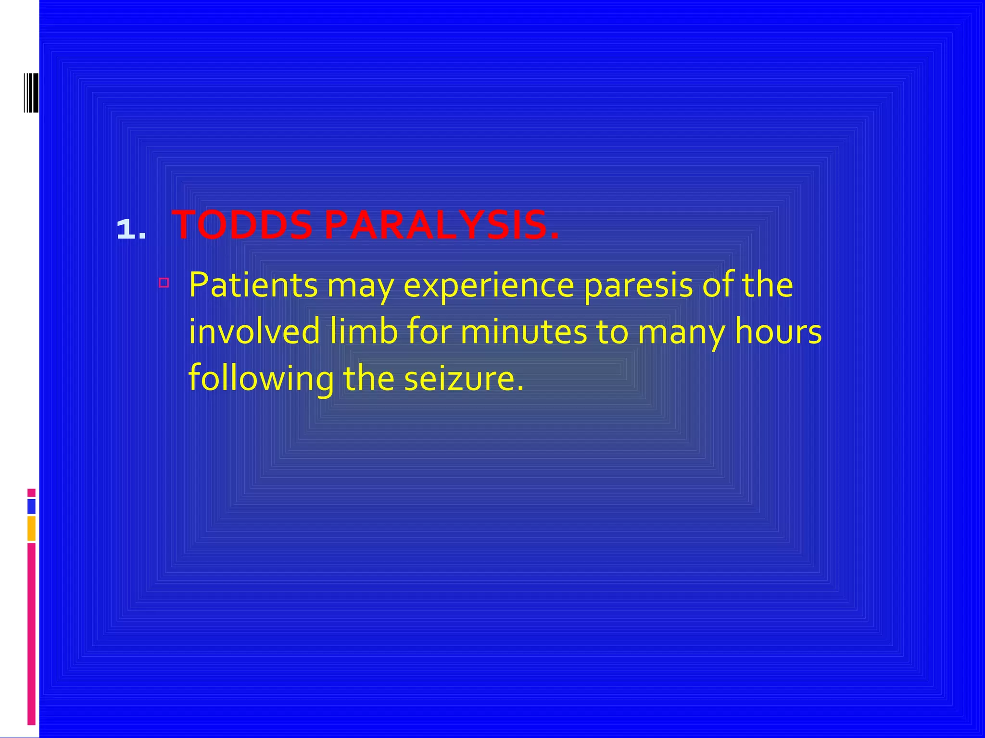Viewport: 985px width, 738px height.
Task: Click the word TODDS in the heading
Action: (x=242, y=225)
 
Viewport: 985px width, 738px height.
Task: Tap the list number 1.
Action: (x=131, y=229)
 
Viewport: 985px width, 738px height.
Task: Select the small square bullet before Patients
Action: (x=164, y=283)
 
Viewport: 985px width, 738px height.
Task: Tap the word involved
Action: (x=254, y=332)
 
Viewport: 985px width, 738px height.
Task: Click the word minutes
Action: (x=523, y=332)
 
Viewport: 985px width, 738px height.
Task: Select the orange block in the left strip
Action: (x=31, y=528)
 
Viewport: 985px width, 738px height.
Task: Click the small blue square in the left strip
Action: (x=31, y=506)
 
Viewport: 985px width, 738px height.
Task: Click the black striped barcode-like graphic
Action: (x=31, y=93)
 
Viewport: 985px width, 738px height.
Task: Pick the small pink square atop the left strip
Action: (x=31, y=492)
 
